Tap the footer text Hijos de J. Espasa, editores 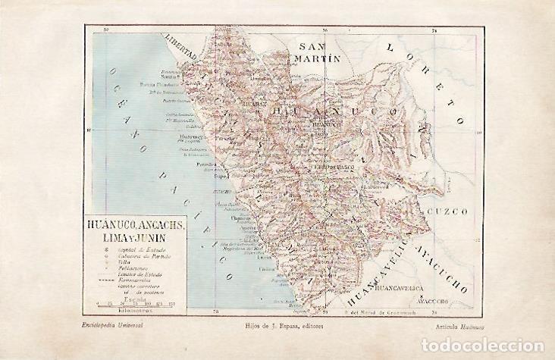click(x=281, y=325)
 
